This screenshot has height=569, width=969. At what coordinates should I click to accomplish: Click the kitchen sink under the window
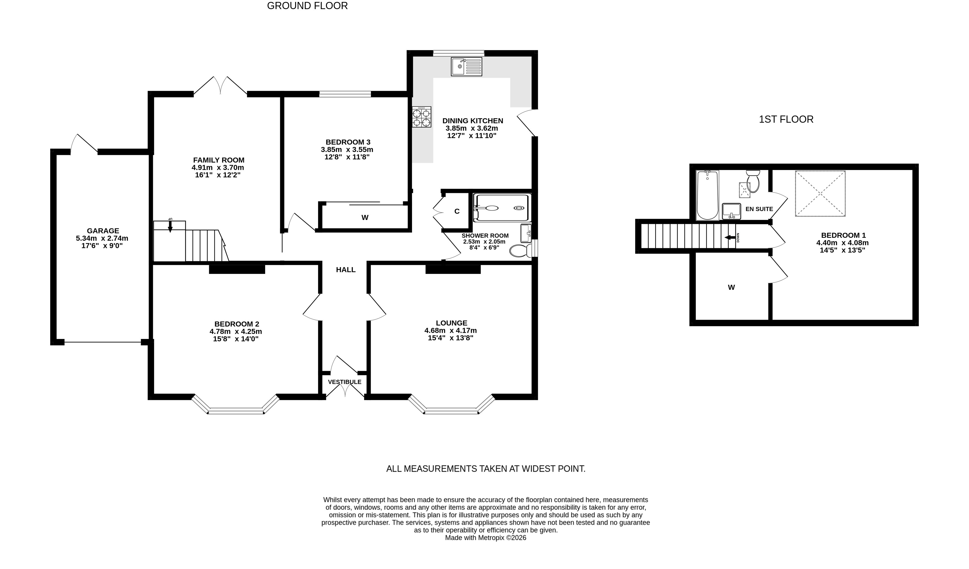tap(466, 66)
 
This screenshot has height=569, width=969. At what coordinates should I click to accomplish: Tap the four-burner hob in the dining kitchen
tap(421, 117)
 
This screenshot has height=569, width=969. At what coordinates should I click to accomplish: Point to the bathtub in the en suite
tap(707, 195)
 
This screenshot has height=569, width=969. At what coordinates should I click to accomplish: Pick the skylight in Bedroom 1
tap(820, 193)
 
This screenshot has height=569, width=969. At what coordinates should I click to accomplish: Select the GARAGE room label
tap(103, 231)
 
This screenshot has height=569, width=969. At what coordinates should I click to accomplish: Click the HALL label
tap(346, 270)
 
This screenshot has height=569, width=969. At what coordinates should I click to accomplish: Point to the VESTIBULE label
tap(344, 382)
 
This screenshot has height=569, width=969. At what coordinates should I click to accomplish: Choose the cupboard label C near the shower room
tap(457, 211)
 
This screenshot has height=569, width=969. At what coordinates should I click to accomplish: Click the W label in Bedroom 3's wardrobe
tap(365, 218)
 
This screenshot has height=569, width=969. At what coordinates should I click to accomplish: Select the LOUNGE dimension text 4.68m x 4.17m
tap(451, 331)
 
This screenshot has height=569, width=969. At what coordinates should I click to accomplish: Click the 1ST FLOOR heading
tap(786, 120)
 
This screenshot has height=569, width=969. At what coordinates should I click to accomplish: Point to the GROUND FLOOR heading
tap(307, 6)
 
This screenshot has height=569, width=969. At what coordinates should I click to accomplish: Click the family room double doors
tap(220, 85)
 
